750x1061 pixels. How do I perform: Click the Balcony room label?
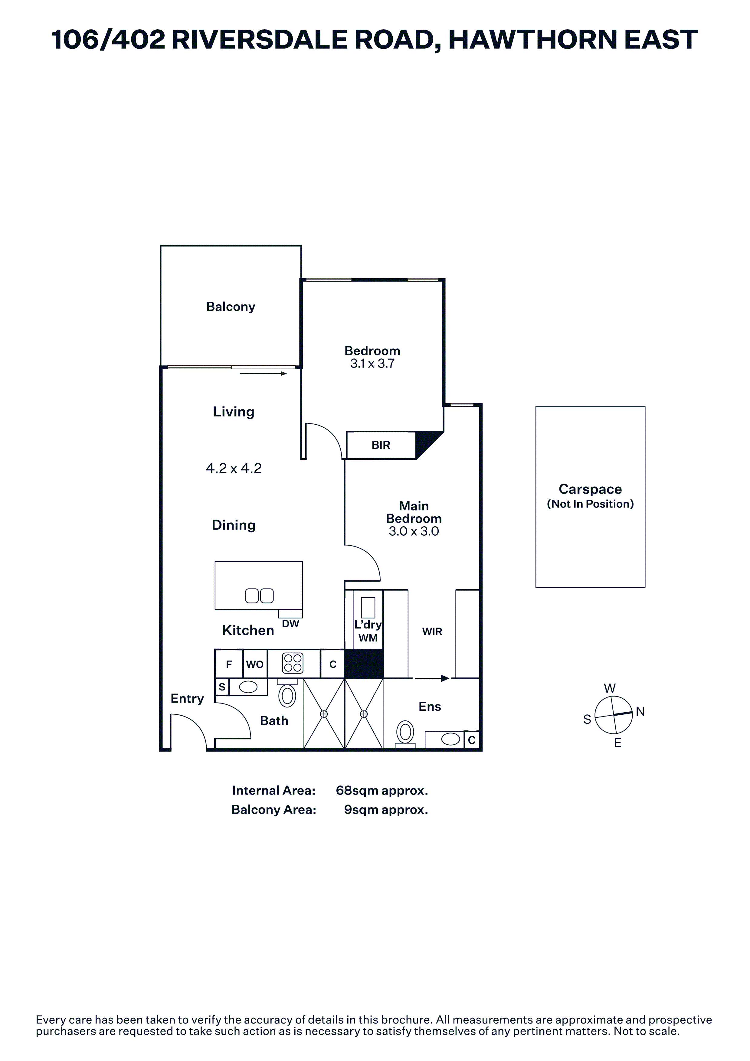[231, 307]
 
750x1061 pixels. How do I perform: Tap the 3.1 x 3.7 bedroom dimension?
[372, 364]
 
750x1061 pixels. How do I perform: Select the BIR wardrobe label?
[381, 445]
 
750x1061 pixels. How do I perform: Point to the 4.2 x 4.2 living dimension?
[234, 468]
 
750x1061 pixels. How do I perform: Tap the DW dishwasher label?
[291, 624]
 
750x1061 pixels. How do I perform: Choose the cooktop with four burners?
[293, 663]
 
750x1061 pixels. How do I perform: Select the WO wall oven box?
[255, 664]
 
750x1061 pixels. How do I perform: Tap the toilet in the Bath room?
[287, 694]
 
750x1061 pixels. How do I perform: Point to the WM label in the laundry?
[368, 638]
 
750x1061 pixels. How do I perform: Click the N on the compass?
[640, 712]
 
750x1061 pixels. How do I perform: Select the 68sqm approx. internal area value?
[382, 791]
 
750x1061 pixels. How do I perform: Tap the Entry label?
[187, 699]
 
